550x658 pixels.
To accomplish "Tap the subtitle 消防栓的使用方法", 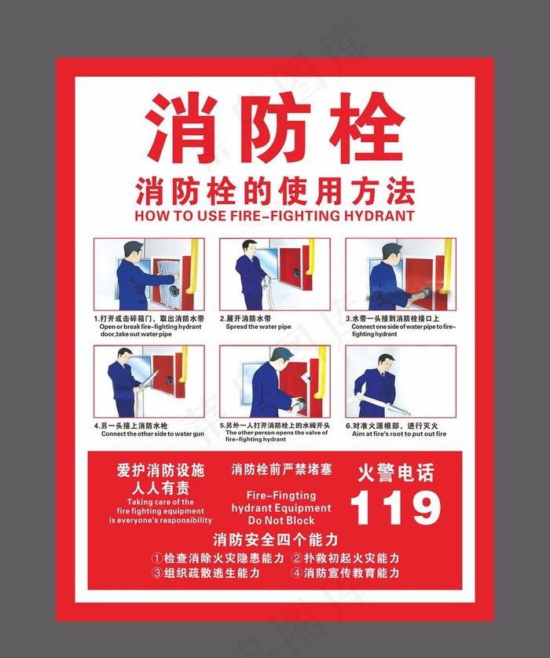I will pyautogui.click(x=274, y=191).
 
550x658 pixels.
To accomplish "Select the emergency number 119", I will pyautogui.click(x=395, y=507).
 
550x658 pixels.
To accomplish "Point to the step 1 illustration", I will pyautogui.click(x=148, y=274).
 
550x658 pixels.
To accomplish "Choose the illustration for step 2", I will pyautogui.click(x=274, y=274).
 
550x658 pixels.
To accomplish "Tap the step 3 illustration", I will pyautogui.click(x=400, y=274).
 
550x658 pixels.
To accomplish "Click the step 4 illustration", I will pyautogui.click(x=148, y=381).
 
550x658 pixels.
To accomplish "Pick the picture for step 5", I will pyautogui.click(x=274, y=381).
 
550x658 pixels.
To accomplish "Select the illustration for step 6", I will pyautogui.click(x=400, y=381).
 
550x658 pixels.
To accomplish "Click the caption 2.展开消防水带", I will pyautogui.click(x=246, y=320).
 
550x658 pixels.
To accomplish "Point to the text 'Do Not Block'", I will pyautogui.click(x=280, y=521).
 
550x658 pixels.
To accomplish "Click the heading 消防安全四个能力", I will pyautogui.click(x=275, y=539).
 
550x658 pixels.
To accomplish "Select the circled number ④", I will pyautogui.click(x=297, y=573).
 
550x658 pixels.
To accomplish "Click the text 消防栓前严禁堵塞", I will pyautogui.click(x=281, y=470).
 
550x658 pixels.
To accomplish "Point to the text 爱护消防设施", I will pyautogui.click(x=160, y=470).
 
